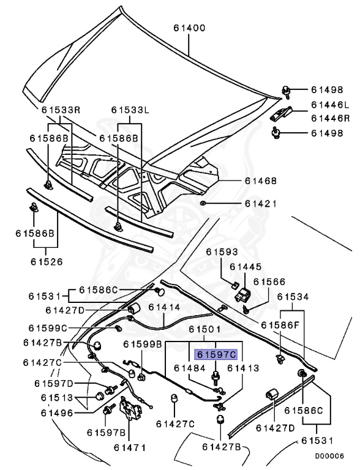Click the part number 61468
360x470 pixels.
[x=261, y=181]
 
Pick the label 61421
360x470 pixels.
[x=261, y=203]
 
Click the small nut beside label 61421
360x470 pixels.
[x=203, y=203]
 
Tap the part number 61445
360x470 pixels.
[x=246, y=267]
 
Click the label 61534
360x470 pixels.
[x=293, y=297]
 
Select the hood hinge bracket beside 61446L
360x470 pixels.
[x=282, y=113]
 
